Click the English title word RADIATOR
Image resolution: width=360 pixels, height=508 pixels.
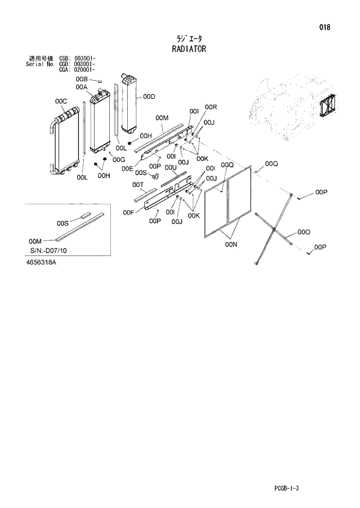coord(189,49)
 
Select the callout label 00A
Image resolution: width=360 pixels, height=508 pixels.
coord(81,87)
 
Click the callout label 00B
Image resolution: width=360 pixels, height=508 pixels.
coord(81,79)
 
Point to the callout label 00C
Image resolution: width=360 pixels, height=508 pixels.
coord(61,102)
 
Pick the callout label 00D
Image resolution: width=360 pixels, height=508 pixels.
coord(149,96)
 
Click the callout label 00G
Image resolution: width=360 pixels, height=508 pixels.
coord(119,160)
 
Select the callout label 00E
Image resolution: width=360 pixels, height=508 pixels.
coord(128,168)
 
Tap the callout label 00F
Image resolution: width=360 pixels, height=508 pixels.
coord(129,213)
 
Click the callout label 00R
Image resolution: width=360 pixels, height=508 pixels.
coord(210,107)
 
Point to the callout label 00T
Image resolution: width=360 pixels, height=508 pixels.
coord(138,185)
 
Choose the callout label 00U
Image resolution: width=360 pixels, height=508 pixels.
coord(170,167)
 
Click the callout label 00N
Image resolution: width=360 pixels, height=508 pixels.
coord(231,245)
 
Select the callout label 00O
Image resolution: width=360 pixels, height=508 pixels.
coord(303,232)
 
